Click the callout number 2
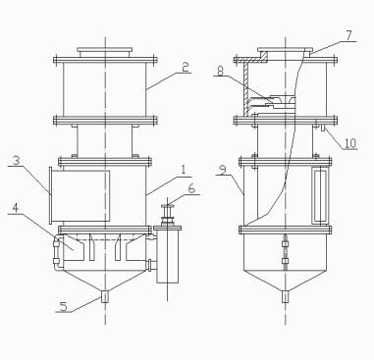(186, 67)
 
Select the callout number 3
(17, 160)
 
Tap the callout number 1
(184, 170)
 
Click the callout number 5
(64, 306)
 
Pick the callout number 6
(191, 188)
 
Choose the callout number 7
(348, 35)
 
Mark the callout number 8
(220, 71)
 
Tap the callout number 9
(223, 171)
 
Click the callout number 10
(350, 143)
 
